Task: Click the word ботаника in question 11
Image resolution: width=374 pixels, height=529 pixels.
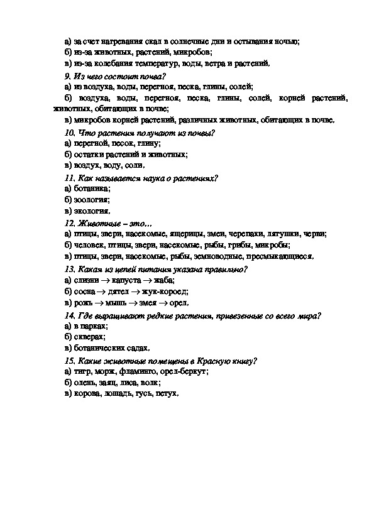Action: click(x=93, y=188)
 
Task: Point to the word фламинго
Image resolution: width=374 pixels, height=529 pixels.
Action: click(x=143, y=371)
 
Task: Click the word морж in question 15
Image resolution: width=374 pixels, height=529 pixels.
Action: click(x=107, y=371)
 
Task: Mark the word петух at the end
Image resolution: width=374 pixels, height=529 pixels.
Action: click(x=166, y=394)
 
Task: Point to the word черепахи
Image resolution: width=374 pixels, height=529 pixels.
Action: click(x=247, y=234)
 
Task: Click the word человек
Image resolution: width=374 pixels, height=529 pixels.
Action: click(x=90, y=245)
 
